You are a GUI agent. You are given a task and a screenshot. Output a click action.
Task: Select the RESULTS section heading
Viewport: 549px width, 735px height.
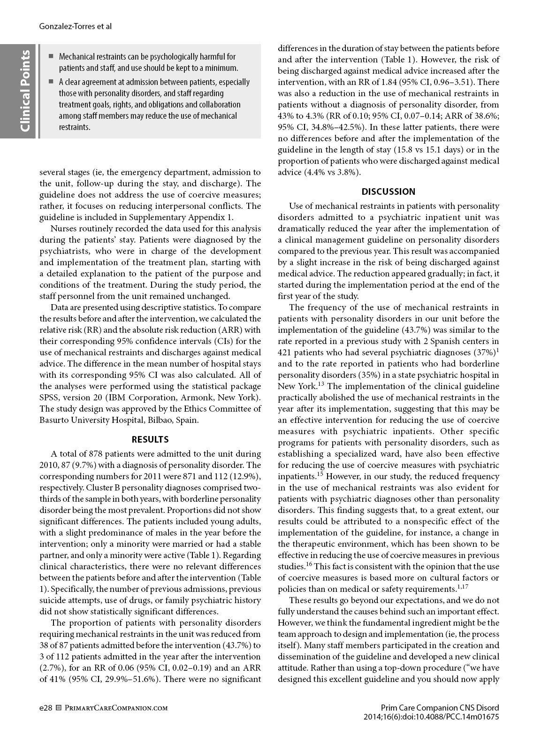click(150, 439)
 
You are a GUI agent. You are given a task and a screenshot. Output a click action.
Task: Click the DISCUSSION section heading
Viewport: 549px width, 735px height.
click(389, 191)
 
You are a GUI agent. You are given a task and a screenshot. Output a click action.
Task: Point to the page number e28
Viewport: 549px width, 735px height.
click(46, 708)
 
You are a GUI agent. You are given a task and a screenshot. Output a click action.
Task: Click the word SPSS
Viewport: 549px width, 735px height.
click(50, 398)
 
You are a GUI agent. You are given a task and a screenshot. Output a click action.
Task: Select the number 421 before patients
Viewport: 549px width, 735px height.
click(285, 352)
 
